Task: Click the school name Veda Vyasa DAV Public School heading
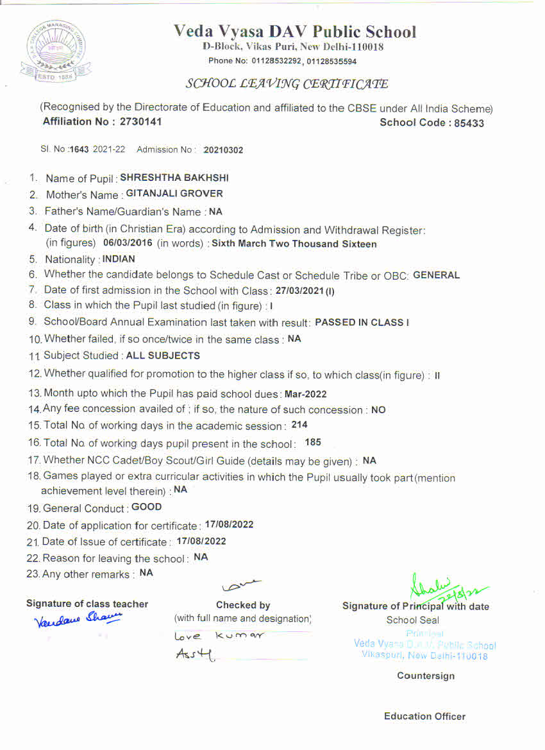click(x=294, y=32)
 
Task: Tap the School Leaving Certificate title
click(x=287, y=84)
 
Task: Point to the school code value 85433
click(x=469, y=123)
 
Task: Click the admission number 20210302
click(x=223, y=150)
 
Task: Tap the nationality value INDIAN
click(x=119, y=259)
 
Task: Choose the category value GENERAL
click(x=437, y=275)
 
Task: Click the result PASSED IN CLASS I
click(x=362, y=322)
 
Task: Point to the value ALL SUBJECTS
click(x=163, y=355)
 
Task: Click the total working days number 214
click(x=299, y=425)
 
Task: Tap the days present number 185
click(x=313, y=442)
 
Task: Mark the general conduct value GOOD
click(x=147, y=507)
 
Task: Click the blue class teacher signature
click(x=78, y=619)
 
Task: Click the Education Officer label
click(x=424, y=717)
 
